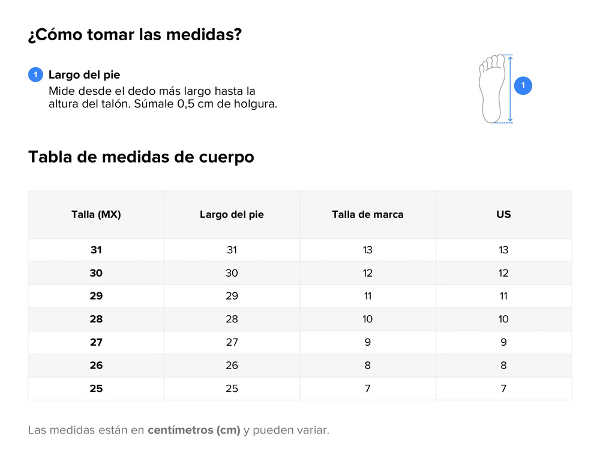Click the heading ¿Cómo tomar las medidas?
tap(134, 34)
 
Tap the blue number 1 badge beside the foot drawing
tap(523, 85)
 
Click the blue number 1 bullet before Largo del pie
tap(35, 74)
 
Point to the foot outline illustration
tap(492, 89)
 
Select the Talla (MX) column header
tap(96, 214)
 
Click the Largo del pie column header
tap(232, 214)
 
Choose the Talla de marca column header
tap(367, 214)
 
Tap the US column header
tap(503, 214)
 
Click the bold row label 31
tap(96, 250)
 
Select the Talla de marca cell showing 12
tap(367, 273)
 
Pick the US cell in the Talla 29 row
tap(503, 296)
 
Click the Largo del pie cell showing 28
tap(232, 319)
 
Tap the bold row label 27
tap(96, 342)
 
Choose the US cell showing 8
tap(503, 365)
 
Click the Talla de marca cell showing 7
tap(367, 388)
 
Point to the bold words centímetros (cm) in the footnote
tap(194, 430)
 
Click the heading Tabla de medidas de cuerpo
tap(141, 157)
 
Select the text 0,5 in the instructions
tap(185, 104)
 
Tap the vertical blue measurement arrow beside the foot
tap(510, 89)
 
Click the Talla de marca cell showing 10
tap(367, 319)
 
